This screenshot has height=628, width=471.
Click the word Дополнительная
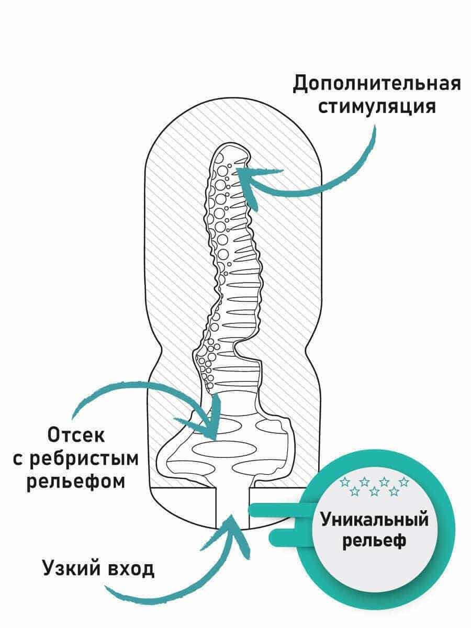(x=376, y=84)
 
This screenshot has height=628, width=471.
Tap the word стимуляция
(x=377, y=107)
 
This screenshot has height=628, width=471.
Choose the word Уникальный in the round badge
(x=374, y=520)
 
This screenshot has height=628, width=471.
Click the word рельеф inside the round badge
(x=374, y=540)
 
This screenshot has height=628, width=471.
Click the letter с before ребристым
(x=17, y=458)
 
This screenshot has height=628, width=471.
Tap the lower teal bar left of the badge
(x=288, y=535)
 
